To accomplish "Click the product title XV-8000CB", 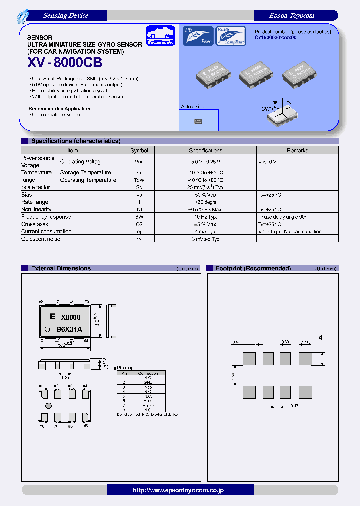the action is click(65, 63).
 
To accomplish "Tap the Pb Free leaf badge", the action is click(198, 36).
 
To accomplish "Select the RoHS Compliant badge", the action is click(231, 36).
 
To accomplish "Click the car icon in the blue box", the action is click(161, 36).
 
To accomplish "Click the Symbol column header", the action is click(139, 150).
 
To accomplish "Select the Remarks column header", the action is click(297, 150).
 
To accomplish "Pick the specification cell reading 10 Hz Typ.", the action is click(205, 217).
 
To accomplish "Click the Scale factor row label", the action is click(36, 187).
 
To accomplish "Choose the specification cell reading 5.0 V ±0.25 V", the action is click(205, 162).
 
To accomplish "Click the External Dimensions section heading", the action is click(61, 268).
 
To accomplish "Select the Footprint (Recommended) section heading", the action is click(253, 268).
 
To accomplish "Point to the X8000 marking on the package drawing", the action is click(71, 317).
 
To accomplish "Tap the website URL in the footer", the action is click(179, 490).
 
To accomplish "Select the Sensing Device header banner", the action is click(66, 16).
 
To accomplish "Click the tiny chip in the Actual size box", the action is click(198, 121).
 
